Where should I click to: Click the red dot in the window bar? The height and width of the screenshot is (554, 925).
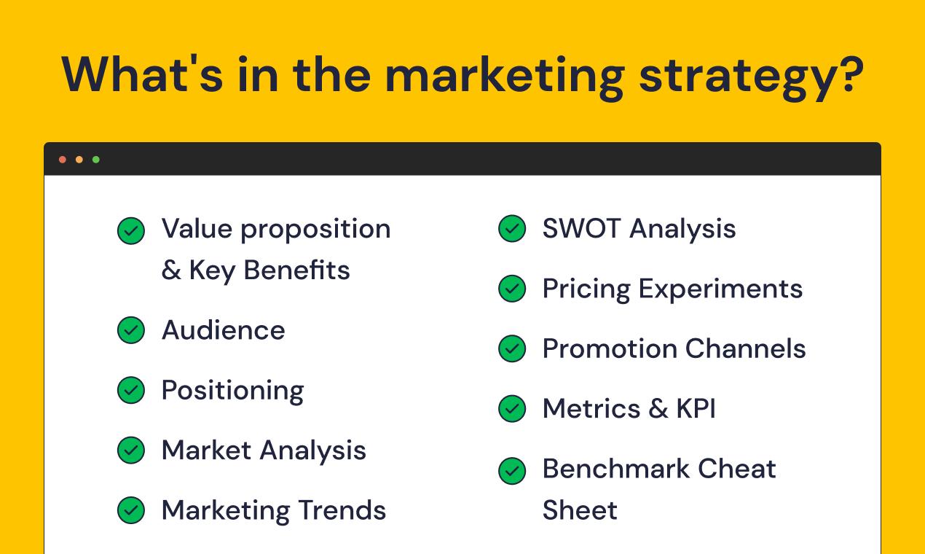(63, 160)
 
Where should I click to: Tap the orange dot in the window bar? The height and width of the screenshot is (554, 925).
(79, 160)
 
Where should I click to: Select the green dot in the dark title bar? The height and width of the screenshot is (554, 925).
(96, 160)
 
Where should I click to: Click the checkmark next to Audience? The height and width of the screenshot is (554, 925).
(131, 330)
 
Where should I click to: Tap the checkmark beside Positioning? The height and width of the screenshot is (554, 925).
(131, 390)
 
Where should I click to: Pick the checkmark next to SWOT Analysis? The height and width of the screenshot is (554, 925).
(512, 228)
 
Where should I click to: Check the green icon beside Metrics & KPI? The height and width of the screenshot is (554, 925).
(512, 408)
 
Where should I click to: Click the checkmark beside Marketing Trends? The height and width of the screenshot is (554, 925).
(131, 510)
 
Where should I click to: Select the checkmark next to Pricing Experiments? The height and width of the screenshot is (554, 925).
(512, 289)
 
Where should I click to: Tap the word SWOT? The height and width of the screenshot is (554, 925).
(581, 228)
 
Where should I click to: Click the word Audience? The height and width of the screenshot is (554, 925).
(224, 330)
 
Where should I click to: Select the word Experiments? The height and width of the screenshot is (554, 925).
(720, 289)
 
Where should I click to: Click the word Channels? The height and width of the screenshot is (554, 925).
(746, 348)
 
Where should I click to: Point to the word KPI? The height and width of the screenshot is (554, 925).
(696, 408)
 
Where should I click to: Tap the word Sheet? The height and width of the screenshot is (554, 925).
(580, 510)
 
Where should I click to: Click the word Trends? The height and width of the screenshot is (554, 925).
(342, 510)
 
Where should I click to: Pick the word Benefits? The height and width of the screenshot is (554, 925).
(297, 270)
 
